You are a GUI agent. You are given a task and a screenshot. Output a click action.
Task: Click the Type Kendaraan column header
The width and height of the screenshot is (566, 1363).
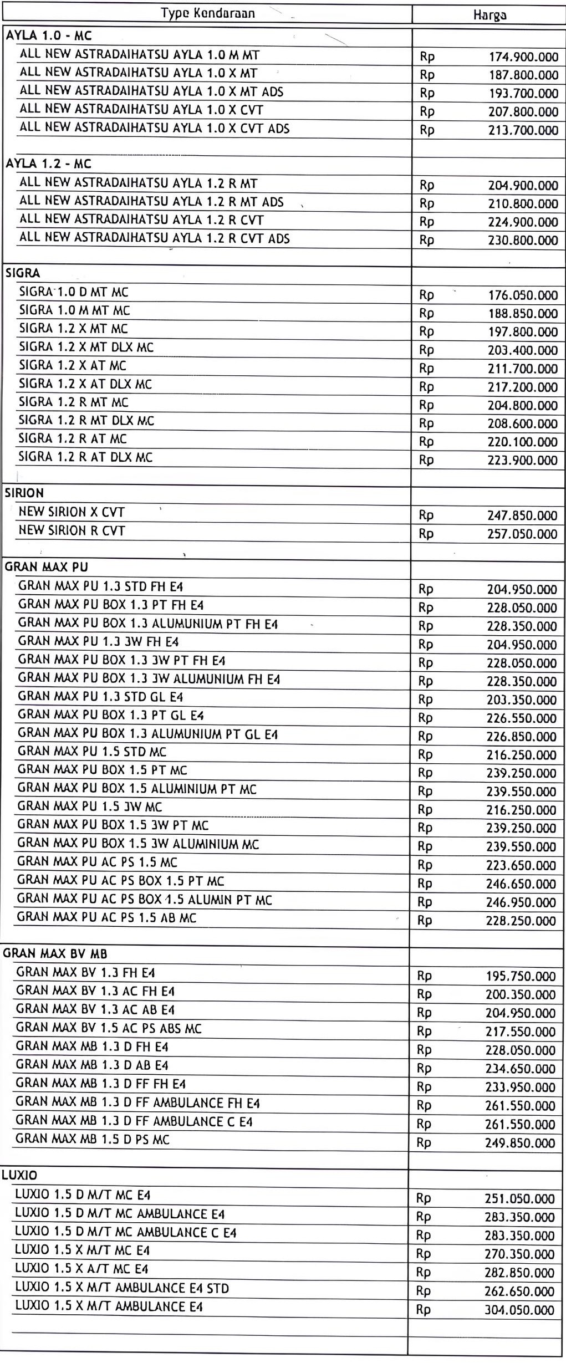point(208,13)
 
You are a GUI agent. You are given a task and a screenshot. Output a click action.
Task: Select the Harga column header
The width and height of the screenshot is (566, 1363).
point(489,15)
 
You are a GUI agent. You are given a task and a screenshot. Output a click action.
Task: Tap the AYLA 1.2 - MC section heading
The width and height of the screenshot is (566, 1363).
point(48,164)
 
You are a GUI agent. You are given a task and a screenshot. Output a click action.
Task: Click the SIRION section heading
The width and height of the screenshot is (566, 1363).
point(24,493)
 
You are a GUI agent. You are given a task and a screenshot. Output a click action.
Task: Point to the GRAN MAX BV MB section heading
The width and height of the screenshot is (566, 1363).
point(55,953)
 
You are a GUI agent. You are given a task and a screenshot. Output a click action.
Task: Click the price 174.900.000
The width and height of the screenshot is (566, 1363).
point(523,57)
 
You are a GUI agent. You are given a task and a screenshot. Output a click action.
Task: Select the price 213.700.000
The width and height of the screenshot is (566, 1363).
point(523,130)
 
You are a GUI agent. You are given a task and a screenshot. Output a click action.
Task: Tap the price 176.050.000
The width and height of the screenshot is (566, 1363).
point(523,295)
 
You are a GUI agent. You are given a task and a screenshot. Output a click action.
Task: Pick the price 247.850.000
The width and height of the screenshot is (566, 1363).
point(522,515)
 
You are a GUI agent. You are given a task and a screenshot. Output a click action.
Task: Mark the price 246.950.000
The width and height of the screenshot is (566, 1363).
point(521,902)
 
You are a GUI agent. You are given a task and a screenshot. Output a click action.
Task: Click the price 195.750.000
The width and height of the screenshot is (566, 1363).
point(521,976)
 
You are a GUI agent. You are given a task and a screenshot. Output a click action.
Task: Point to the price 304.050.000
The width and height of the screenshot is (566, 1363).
point(519,1310)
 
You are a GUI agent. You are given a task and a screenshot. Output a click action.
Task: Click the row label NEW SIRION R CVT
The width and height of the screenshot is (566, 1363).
point(72,530)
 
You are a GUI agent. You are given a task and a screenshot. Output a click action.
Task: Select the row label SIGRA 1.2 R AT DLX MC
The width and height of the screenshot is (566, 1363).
point(85,457)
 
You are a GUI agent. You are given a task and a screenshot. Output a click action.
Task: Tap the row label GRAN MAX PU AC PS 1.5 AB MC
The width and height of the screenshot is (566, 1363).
point(106,917)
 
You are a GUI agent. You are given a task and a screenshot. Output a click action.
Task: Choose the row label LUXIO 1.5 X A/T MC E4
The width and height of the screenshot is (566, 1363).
point(81,1269)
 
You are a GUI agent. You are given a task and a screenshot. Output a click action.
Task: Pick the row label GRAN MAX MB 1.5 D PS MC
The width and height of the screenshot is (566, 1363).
point(93,1139)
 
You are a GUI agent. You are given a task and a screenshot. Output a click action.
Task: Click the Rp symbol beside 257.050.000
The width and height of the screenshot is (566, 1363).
point(426,534)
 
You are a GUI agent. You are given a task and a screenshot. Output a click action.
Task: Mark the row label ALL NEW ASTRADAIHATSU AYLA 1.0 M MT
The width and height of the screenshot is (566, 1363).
point(139,55)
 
